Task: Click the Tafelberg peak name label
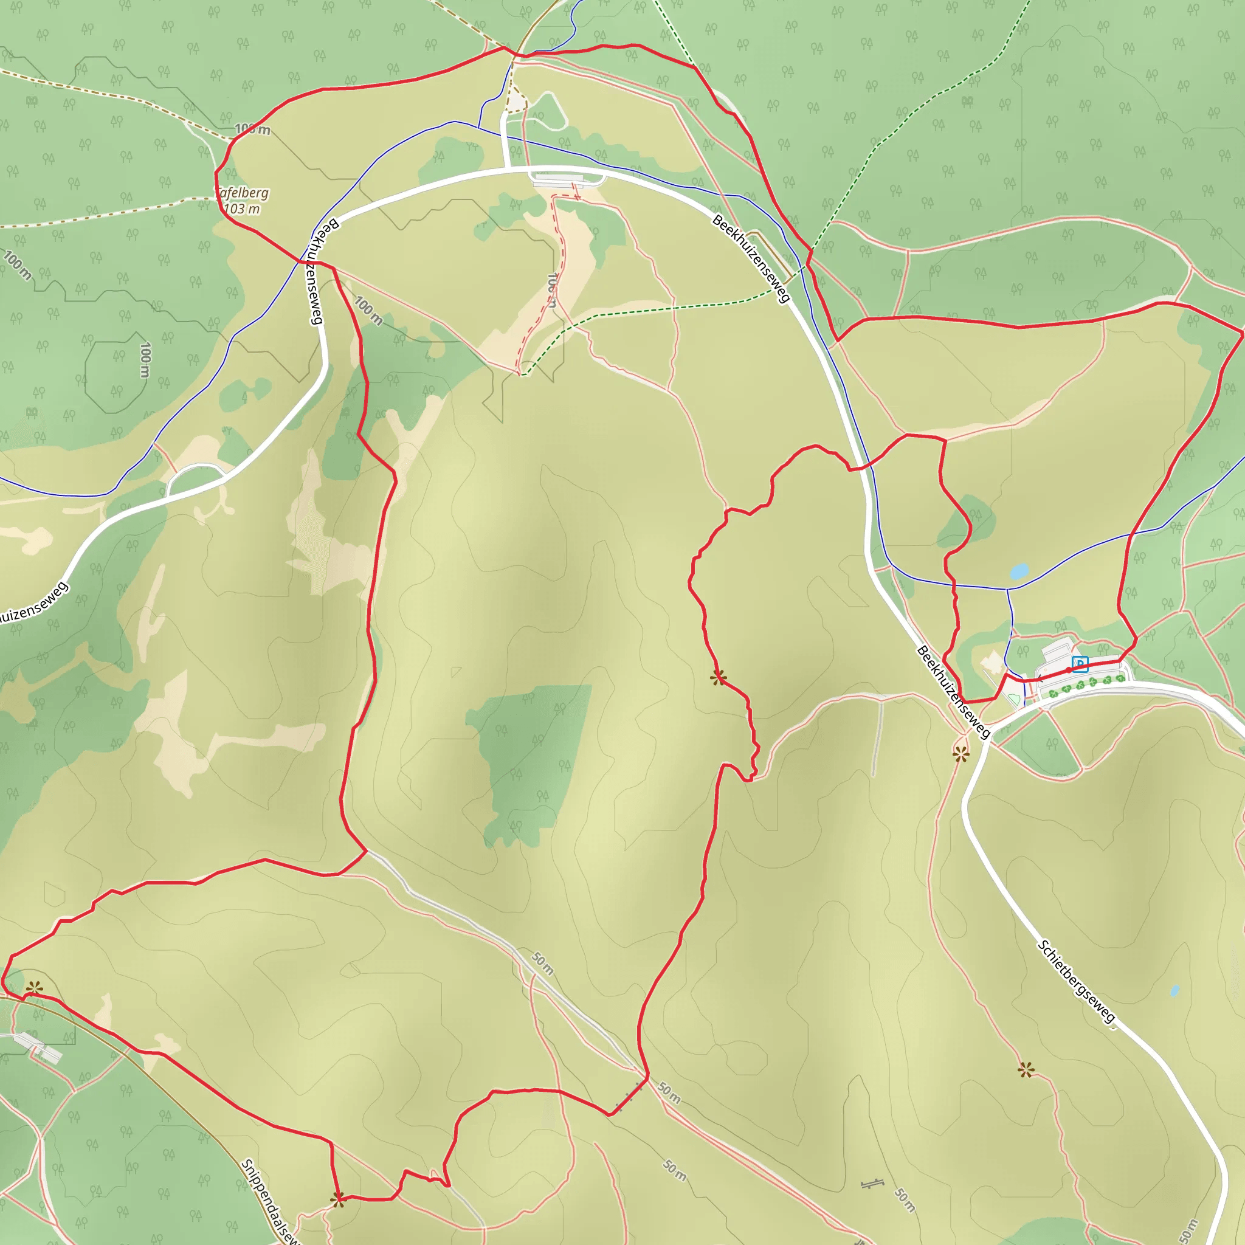(x=243, y=193)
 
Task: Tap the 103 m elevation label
(x=242, y=209)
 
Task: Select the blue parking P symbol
(x=1080, y=664)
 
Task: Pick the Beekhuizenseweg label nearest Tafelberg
(x=316, y=271)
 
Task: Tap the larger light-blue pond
(x=1019, y=571)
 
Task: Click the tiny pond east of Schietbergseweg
(x=1174, y=990)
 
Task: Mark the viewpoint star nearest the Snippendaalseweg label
(x=337, y=1199)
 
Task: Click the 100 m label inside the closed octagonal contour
(x=145, y=360)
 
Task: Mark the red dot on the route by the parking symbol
(x=1069, y=670)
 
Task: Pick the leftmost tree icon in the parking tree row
(x=1054, y=694)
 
